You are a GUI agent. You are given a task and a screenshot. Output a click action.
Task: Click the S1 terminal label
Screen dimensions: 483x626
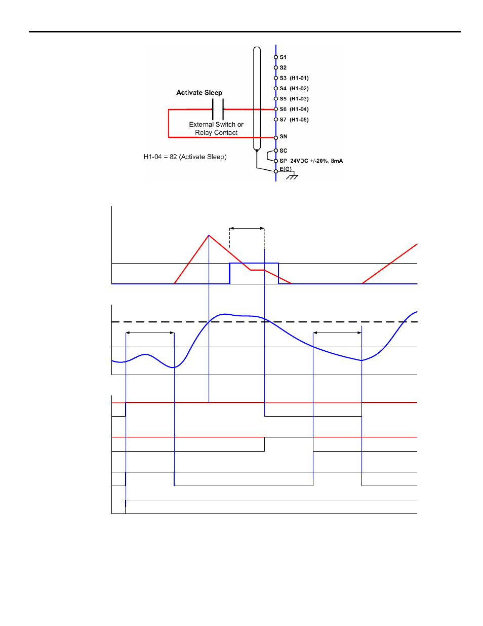[x=283, y=57]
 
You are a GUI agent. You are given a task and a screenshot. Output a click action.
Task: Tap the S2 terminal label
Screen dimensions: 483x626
[x=283, y=68]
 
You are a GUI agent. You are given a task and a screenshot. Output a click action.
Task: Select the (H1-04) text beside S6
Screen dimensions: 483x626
[x=299, y=109]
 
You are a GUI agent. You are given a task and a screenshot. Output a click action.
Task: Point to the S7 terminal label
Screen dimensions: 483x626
[x=283, y=120]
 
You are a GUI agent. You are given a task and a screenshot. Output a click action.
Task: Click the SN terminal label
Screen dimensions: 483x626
[x=283, y=136]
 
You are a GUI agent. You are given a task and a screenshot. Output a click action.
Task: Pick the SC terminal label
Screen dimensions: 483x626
[x=283, y=151]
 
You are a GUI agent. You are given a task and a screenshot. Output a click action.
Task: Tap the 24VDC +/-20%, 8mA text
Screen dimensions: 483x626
[x=316, y=161]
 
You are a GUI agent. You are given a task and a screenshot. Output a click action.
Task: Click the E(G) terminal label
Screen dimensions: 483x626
[x=286, y=169]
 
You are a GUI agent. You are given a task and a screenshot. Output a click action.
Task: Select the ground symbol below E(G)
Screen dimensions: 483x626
[x=292, y=176]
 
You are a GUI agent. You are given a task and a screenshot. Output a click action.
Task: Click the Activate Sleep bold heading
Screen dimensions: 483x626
[x=199, y=93]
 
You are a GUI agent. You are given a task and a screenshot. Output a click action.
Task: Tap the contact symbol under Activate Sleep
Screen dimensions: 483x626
[x=218, y=109]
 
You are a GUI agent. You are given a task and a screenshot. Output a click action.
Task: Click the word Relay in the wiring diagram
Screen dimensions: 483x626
[x=203, y=133]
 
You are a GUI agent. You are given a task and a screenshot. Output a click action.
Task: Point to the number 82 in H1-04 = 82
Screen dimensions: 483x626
[x=173, y=157]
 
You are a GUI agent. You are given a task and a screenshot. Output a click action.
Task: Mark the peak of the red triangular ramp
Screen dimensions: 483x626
[x=209, y=235]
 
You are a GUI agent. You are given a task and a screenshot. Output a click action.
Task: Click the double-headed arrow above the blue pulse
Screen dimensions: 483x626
[x=247, y=229]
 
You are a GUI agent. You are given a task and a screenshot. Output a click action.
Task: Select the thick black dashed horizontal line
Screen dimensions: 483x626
[x=264, y=322]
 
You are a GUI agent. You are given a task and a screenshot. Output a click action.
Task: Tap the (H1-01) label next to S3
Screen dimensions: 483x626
[x=299, y=78]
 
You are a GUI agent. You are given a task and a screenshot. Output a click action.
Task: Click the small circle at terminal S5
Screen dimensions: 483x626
[x=275, y=99]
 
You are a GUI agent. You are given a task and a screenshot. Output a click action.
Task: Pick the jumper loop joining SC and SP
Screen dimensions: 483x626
[x=270, y=156]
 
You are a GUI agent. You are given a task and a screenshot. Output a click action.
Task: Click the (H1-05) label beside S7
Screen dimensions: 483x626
[x=299, y=120]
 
